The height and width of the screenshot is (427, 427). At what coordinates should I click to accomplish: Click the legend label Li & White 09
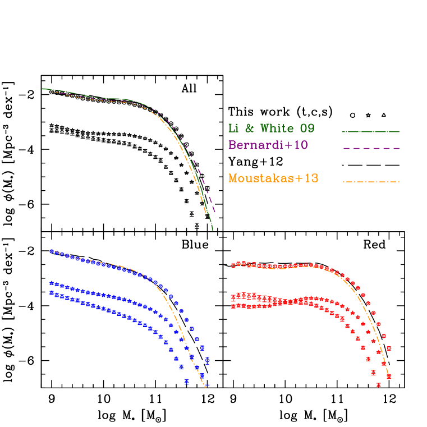(271, 128)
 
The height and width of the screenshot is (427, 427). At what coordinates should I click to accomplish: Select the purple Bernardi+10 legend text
(268, 145)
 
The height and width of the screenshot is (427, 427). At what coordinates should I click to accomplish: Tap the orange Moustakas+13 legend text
(273, 178)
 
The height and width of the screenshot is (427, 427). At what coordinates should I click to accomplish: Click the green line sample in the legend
(370, 132)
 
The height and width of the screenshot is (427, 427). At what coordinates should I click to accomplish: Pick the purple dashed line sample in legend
(370, 148)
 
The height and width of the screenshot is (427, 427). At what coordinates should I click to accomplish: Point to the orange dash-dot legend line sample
(370, 182)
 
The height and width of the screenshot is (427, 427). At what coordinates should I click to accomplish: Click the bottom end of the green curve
(213, 230)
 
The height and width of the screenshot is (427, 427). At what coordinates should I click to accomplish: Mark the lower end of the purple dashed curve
(215, 213)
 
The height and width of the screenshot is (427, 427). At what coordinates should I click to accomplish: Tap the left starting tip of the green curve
(42, 89)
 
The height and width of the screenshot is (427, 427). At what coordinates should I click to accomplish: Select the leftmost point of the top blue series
(51, 251)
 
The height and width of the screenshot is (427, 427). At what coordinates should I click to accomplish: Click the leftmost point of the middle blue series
(51, 283)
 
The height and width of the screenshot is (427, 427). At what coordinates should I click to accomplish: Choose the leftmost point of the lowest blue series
(51, 292)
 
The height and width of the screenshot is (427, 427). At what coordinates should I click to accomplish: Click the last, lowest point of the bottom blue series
(187, 382)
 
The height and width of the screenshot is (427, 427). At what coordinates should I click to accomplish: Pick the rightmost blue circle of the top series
(207, 360)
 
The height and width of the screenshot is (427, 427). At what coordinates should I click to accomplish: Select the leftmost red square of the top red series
(233, 265)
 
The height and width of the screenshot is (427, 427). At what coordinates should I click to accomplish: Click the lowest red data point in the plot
(379, 384)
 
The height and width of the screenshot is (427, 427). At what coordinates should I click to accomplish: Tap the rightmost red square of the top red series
(389, 348)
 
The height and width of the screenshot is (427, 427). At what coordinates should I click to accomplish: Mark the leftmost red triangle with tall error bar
(233, 297)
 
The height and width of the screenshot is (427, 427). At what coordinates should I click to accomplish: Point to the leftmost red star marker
(233, 306)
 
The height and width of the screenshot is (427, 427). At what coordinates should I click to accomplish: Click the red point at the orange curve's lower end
(388, 377)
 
